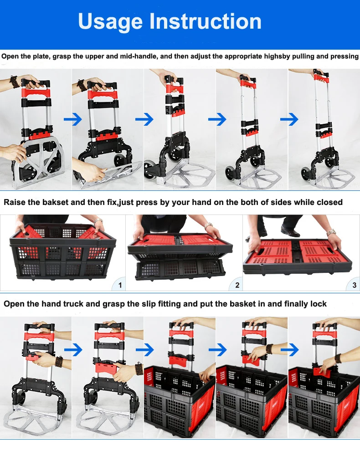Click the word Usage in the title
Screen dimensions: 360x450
click(110, 22)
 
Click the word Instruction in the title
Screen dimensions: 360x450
click(206, 21)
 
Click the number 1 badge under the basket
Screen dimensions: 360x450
click(120, 285)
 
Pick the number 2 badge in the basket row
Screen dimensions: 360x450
click(237, 285)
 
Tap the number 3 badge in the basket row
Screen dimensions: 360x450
click(354, 285)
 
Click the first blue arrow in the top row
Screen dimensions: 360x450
click(73, 119)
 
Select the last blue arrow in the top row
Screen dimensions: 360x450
click(289, 119)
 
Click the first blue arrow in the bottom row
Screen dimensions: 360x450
click(73, 350)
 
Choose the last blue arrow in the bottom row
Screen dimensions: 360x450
click(290, 350)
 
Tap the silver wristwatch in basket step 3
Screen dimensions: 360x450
click(332, 232)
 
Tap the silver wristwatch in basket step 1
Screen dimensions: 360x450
click(98, 221)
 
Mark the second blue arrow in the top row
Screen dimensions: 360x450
click(144, 119)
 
